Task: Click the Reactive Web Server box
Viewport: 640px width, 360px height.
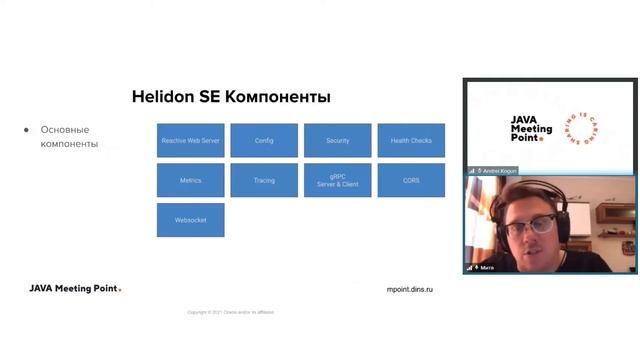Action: (x=190, y=141)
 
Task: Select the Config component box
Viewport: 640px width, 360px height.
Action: (x=264, y=141)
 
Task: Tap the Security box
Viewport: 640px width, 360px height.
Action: (x=338, y=141)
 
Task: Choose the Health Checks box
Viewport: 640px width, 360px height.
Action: (x=411, y=141)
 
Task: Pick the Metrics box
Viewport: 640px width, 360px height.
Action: (x=190, y=181)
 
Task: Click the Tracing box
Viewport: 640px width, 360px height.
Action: (x=264, y=181)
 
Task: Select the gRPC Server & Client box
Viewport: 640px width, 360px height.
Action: (x=338, y=181)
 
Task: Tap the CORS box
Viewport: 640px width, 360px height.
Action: (x=411, y=181)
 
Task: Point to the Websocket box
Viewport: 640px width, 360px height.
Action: (x=190, y=220)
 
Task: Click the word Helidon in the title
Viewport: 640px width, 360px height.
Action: (x=163, y=97)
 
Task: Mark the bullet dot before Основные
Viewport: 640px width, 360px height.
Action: (x=26, y=130)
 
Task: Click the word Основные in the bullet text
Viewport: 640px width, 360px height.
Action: (x=65, y=130)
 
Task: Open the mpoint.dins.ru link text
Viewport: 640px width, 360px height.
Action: (x=410, y=289)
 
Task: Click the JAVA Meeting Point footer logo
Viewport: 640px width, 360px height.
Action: (x=75, y=289)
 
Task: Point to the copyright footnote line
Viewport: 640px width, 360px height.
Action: (x=230, y=312)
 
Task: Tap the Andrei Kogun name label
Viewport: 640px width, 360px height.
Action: (x=500, y=171)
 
